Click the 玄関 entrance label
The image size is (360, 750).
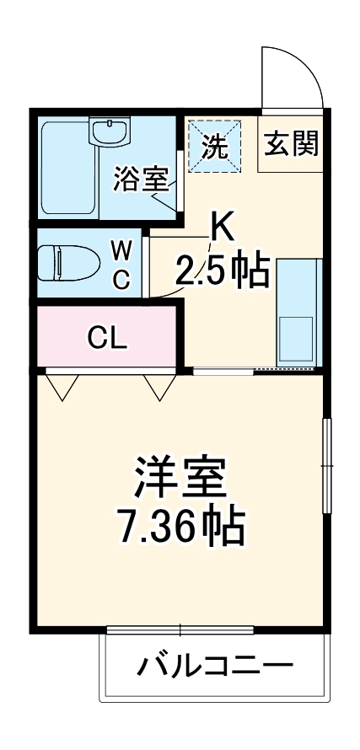[291, 145]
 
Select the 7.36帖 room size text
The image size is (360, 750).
[180, 527]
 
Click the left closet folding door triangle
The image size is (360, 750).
[62, 386]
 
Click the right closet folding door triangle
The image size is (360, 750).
[158, 386]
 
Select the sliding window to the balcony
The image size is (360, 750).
[180, 629]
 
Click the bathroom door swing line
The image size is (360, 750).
[163, 200]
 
